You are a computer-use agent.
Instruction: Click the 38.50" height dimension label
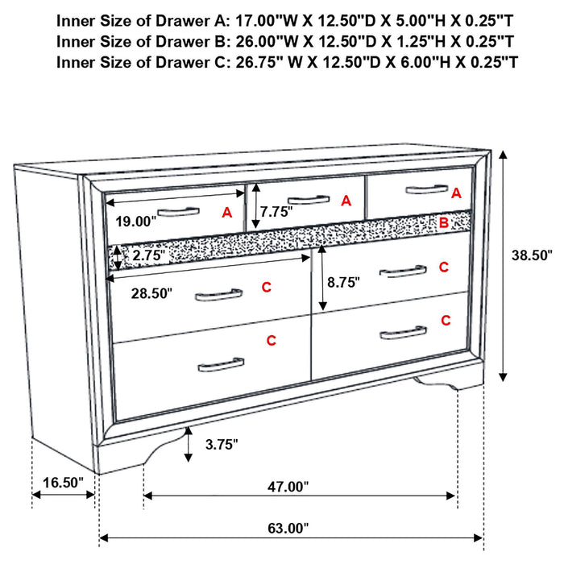pyautogui.click(x=532, y=255)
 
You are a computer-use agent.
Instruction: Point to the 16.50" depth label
pyautogui.click(x=62, y=483)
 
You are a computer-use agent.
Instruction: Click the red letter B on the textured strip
pyautogui.click(x=443, y=222)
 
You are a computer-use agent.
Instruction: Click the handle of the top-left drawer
pyautogui.click(x=177, y=212)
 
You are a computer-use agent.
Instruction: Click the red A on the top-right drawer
pyautogui.click(x=456, y=193)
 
